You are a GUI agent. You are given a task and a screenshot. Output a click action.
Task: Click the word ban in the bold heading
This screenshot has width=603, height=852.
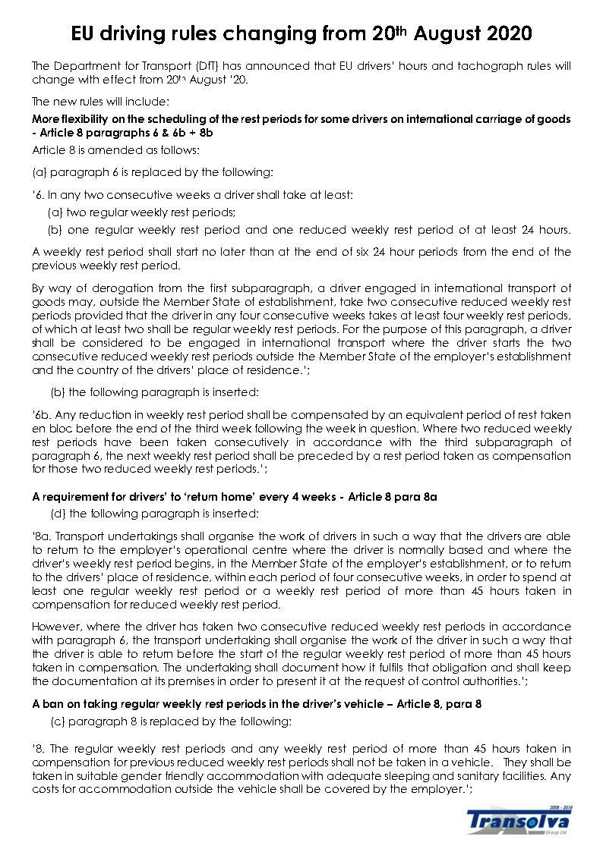(x=53, y=704)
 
